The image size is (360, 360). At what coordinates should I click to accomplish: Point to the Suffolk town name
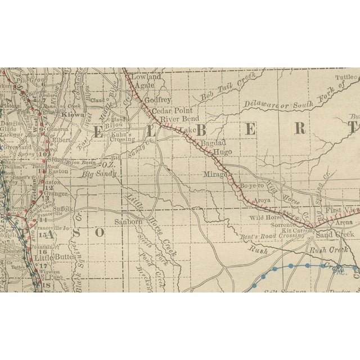click(x=63, y=209)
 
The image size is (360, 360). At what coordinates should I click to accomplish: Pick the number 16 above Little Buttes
click(x=43, y=251)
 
